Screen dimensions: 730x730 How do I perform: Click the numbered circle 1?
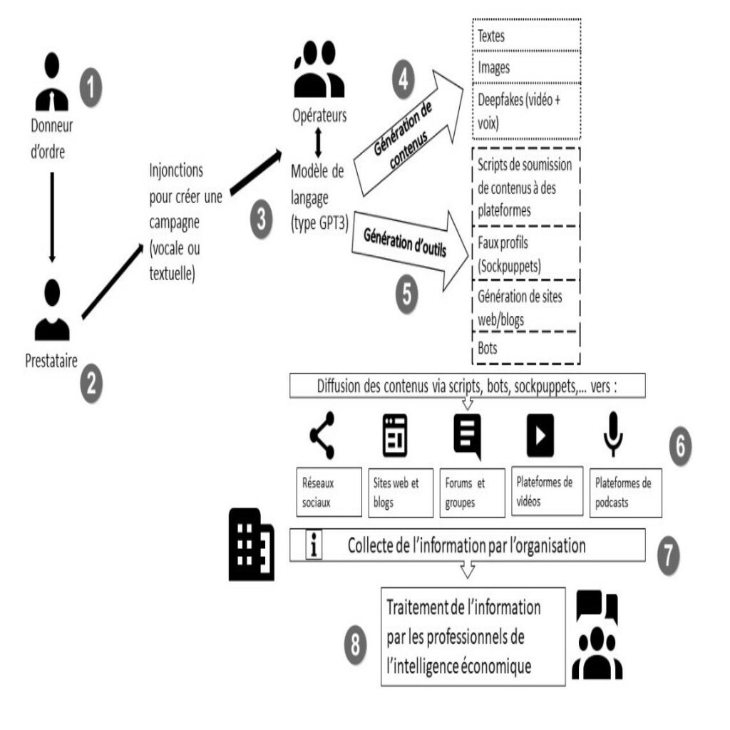91,87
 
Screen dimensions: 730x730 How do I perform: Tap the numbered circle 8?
355,644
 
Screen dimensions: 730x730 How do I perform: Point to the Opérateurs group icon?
319,69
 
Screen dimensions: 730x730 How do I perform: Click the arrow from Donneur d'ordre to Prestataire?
52,217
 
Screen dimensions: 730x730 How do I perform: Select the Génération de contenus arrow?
408,133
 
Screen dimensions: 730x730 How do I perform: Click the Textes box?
527,36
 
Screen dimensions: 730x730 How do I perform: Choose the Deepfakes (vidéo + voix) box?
527,111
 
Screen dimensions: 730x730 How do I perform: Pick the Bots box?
526,348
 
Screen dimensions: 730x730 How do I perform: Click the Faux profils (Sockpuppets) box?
526,253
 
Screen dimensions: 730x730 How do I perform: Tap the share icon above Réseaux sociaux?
322,436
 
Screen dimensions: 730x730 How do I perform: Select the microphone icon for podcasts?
613,434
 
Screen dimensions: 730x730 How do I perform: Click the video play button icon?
540,436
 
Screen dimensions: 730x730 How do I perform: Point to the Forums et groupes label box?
473,493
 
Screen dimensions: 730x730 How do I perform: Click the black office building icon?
252,544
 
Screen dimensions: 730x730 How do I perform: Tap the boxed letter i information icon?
314,545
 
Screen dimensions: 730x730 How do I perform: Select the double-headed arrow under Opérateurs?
319,143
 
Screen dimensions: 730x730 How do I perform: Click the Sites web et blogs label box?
401,493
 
